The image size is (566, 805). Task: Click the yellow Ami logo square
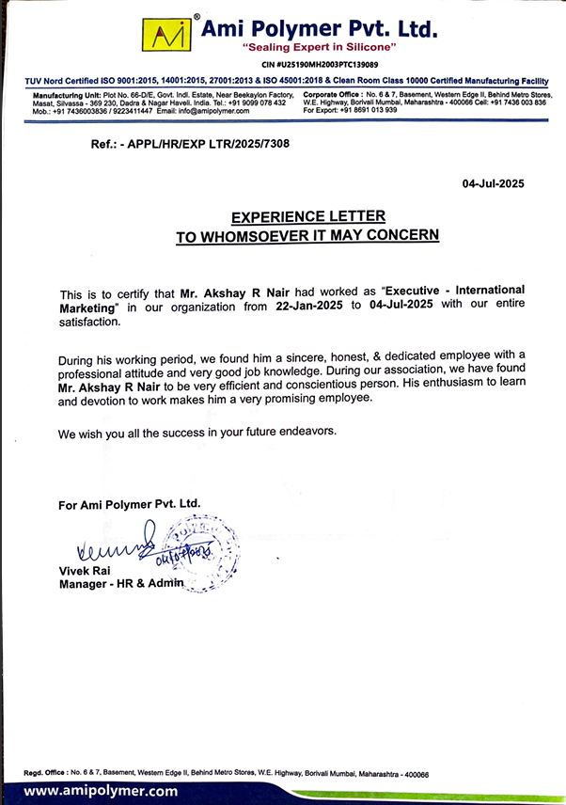tap(167, 36)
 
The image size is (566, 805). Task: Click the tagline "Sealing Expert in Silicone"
tap(319, 46)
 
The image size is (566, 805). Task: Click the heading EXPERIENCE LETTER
tap(308, 217)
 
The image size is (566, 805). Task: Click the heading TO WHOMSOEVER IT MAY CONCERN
tap(307, 237)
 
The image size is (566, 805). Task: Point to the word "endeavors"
tap(300, 432)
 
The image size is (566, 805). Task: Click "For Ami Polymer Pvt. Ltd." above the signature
tap(130, 504)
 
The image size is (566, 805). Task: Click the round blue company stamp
tap(199, 553)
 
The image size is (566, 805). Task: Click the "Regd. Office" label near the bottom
tap(48, 774)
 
